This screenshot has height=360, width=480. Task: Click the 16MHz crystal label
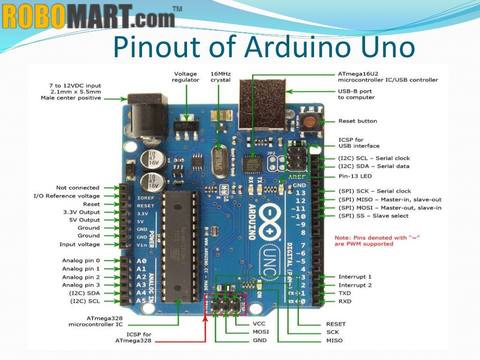pos(220,77)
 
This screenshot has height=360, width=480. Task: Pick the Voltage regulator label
pos(186,77)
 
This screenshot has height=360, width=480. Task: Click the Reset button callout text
pos(358,121)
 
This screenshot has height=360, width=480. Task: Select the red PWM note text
pos(377,241)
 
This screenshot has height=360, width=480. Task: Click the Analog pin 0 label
pos(81,261)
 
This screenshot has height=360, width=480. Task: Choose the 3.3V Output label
pos(82,212)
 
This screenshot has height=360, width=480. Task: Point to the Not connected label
pos(78,187)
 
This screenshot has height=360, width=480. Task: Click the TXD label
pos(345,293)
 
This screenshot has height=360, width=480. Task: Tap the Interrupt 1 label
pos(355,277)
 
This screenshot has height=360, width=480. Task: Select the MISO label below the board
pos(334,340)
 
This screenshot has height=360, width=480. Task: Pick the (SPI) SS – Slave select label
pos(374,216)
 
